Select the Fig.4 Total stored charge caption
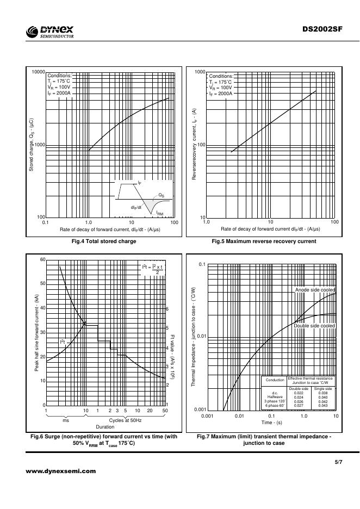107,241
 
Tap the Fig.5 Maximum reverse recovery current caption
263,241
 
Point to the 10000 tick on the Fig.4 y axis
37,72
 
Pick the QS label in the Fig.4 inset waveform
162,194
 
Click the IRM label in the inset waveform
160,214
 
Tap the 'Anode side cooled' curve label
315,290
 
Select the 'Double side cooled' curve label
314,325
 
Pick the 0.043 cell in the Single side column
323,406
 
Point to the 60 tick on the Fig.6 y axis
42,259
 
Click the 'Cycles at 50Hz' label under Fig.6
125,420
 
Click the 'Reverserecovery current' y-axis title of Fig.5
194,145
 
